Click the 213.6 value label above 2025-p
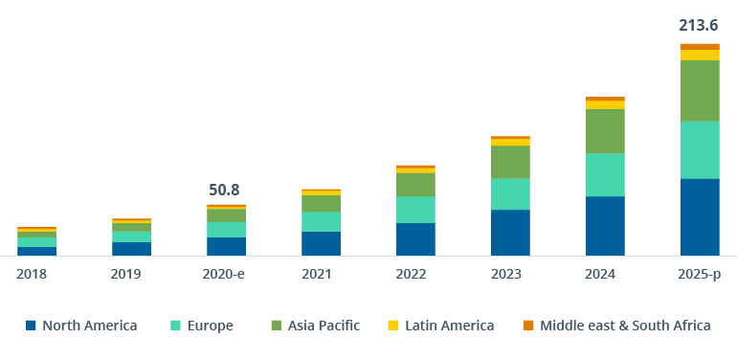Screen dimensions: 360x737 click(699, 25)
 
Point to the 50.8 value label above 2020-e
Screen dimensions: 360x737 click(226, 190)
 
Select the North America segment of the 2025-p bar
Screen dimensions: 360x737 click(700, 216)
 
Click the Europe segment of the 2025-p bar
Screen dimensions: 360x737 click(700, 149)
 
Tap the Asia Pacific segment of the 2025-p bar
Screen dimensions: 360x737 click(700, 90)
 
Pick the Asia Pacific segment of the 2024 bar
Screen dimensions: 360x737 click(605, 131)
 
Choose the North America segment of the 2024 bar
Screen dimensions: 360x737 click(605, 226)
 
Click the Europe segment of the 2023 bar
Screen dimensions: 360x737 click(510, 193)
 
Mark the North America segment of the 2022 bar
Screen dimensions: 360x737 click(415, 239)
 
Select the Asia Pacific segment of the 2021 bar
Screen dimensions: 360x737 click(321, 203)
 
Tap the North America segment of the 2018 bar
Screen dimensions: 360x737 click(36, 251)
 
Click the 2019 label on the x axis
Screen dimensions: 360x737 click(131, 274)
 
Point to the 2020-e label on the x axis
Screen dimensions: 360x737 click(226, 274)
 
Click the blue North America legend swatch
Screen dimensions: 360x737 click(31, 326)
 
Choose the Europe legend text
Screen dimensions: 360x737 click(211, 326)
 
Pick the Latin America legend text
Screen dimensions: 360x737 click(449, 326)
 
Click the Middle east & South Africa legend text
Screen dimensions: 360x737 click(625, 326)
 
